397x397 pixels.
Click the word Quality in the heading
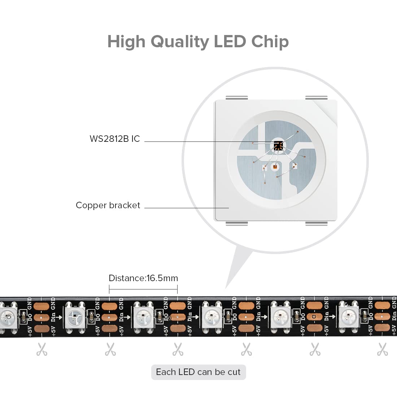180,42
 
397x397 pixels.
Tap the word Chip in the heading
270,41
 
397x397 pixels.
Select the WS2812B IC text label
115,139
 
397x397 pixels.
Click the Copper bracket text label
108,205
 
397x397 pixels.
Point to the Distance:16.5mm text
143,278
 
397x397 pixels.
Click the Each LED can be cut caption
198,372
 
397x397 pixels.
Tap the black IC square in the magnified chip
278,145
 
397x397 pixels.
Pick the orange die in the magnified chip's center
275,167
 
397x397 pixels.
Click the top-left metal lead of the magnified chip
237,98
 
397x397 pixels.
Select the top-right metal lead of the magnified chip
317,98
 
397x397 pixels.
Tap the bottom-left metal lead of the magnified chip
237,223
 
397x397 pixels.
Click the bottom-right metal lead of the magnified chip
317,223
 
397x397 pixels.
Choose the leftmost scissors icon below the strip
42,349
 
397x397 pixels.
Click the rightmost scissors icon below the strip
383,349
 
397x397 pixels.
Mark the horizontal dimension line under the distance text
143,289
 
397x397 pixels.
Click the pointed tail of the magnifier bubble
226,288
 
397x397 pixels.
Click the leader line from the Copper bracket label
187,208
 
